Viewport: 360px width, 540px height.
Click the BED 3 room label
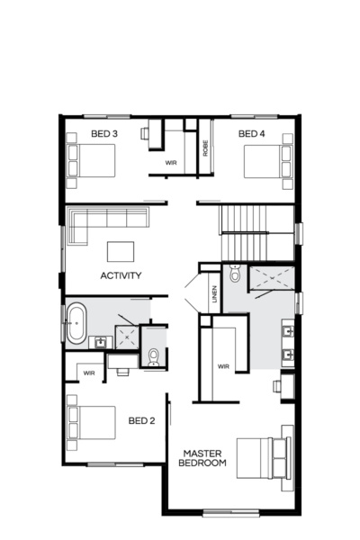point(103,135)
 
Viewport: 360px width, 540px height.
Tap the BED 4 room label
point(251,135)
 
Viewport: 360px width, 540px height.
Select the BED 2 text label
point(141,420)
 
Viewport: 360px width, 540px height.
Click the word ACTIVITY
point(121,275)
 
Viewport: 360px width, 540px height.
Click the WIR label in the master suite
point(223,367)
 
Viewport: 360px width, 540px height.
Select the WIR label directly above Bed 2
point(89,373)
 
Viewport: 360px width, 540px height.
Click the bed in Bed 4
point(270,163)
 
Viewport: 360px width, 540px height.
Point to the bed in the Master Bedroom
point(265,459)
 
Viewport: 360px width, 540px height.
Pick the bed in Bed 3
point(91,163)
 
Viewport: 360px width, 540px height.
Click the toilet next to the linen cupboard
point(234,275)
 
